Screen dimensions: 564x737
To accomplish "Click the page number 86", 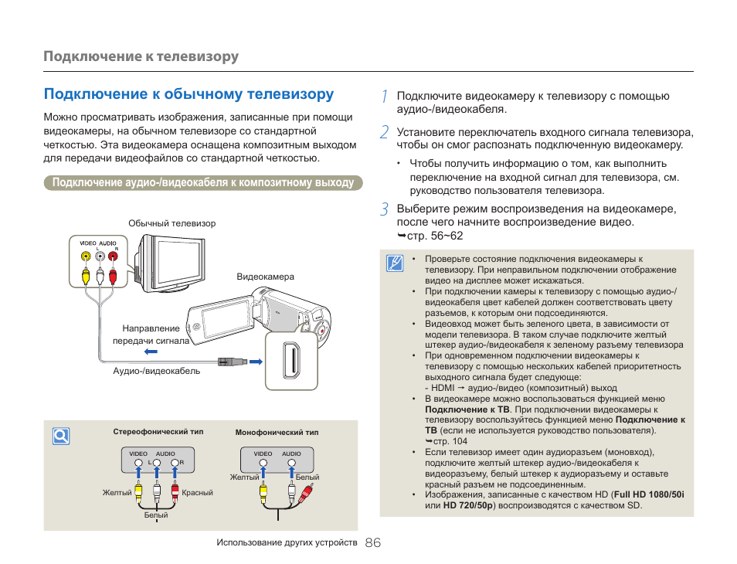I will (372, 543).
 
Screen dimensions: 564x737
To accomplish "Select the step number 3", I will (384, 209).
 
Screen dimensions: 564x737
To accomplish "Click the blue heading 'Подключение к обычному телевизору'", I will (189, 94).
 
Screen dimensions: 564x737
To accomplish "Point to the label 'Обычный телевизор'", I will (172, 223).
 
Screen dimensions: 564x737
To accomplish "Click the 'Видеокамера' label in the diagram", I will (265, 277).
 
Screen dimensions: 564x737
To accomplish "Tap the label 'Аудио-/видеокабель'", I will (157, 371).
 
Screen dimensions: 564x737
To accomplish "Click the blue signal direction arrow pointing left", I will (151, 352).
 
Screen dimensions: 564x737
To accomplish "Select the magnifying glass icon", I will (61, 437).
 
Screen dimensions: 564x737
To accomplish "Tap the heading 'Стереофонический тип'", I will (158, 432).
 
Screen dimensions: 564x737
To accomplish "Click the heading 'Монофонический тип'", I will (277, 433).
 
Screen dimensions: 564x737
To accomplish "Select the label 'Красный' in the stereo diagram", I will (198, 493).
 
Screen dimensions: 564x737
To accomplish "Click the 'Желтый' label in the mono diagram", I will (244, 477).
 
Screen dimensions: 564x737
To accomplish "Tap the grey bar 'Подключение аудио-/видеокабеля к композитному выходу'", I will (203, 183).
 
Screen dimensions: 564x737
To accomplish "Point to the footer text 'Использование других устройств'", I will (287, 543).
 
